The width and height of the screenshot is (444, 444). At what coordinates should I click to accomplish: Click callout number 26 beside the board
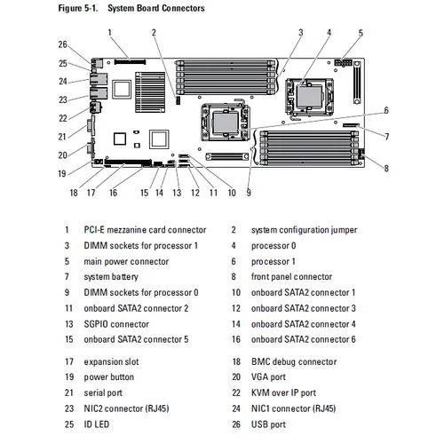coord(62,44)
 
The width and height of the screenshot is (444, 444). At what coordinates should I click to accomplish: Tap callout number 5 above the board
coord(361,33)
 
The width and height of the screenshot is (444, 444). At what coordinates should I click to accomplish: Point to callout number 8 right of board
coord(386,167)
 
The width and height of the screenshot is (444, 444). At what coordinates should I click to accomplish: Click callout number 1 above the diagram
coord(110,32)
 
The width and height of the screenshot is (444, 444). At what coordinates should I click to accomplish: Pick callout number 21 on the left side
coord(62,137)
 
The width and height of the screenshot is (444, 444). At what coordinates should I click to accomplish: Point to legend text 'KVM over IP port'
coord(283,392)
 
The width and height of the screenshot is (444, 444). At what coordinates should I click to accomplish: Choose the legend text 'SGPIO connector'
coord(116,323)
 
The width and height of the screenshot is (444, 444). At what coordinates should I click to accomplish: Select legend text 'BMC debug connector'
coord(294,361)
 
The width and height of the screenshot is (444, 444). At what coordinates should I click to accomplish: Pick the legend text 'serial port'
coord(104,392)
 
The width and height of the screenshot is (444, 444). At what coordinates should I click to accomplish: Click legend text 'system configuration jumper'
coord(304,230)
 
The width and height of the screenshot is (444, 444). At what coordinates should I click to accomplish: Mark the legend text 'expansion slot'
coord(111,361)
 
